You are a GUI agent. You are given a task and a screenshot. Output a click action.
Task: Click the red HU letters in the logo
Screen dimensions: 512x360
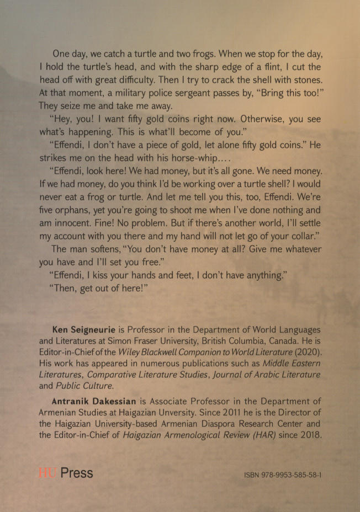pyautogui.click(x=46, y=473)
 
